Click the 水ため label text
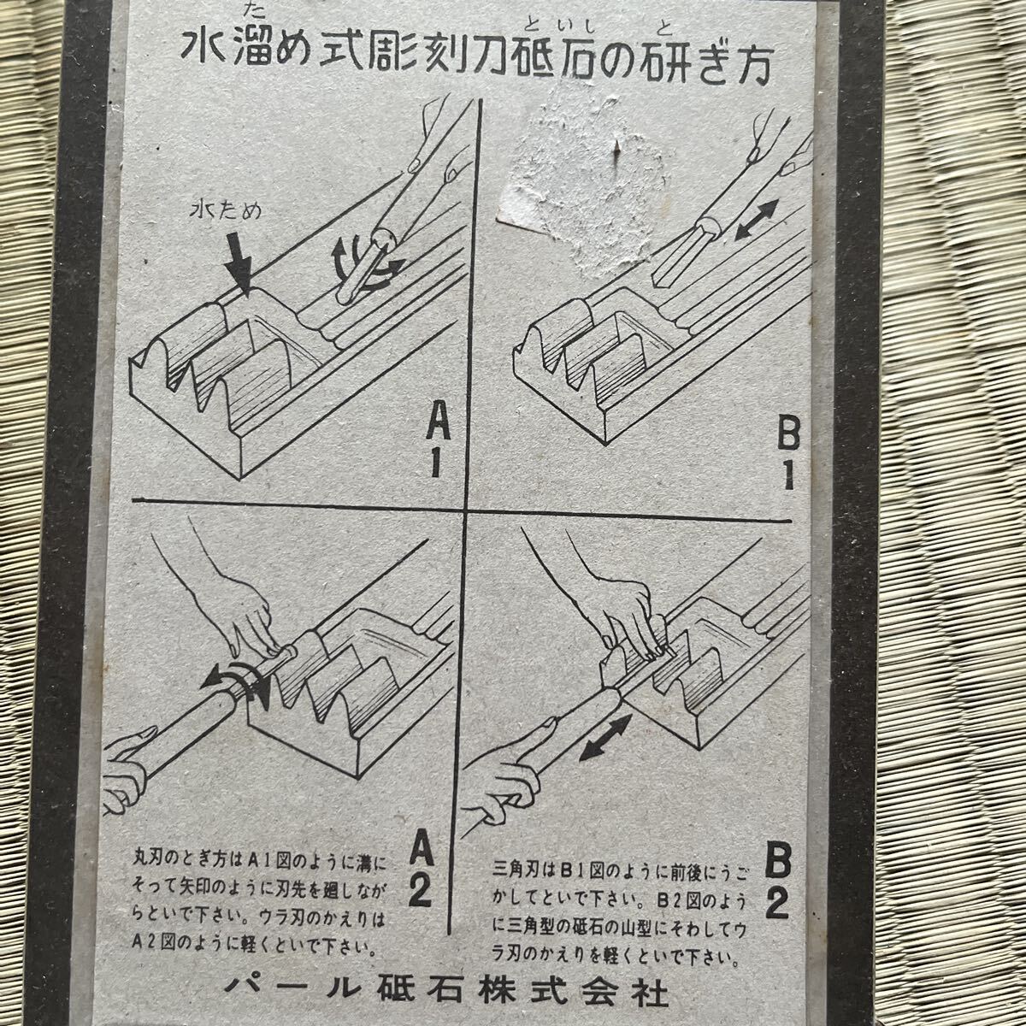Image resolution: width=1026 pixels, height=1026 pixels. [226, 211]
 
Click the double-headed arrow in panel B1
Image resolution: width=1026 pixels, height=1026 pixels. [758, 220]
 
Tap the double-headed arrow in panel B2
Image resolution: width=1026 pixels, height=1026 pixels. [605, 737]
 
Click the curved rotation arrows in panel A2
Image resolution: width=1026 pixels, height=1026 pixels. [238, 681]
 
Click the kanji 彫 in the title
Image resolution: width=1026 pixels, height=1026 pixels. [393, 51]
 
